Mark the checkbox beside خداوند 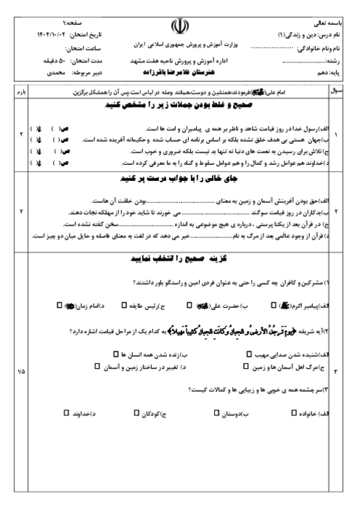point(65,412)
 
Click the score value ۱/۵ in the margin point(20,371)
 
